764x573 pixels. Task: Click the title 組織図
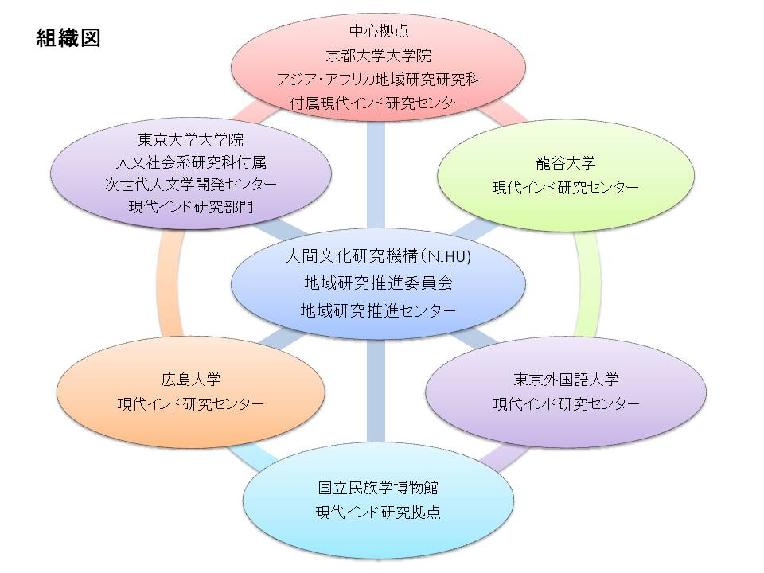click(68, 37)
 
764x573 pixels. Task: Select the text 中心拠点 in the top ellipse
click(379, 31)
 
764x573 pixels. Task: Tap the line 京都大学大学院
click(379, 56)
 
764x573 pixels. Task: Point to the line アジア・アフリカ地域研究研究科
click(379, 79)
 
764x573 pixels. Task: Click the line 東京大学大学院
click(190, 140)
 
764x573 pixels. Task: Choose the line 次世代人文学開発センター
click(190, 184)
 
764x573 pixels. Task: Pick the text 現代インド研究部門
click(190, 207)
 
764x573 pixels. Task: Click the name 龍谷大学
click(566, 162)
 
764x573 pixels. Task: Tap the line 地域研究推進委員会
click(379, 283)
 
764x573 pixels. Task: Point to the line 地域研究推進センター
click(379, 310)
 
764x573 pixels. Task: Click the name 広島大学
click(190, 379)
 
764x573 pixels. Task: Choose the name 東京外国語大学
click(566, 379)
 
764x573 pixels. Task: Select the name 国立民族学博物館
click(379, 487)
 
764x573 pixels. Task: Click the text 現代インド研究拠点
click(379, 512)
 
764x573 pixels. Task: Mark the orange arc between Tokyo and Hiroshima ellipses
click(169, 283)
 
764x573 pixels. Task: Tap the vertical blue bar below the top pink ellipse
click(376, 174)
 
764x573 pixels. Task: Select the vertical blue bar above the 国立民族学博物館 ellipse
click(376, 390)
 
